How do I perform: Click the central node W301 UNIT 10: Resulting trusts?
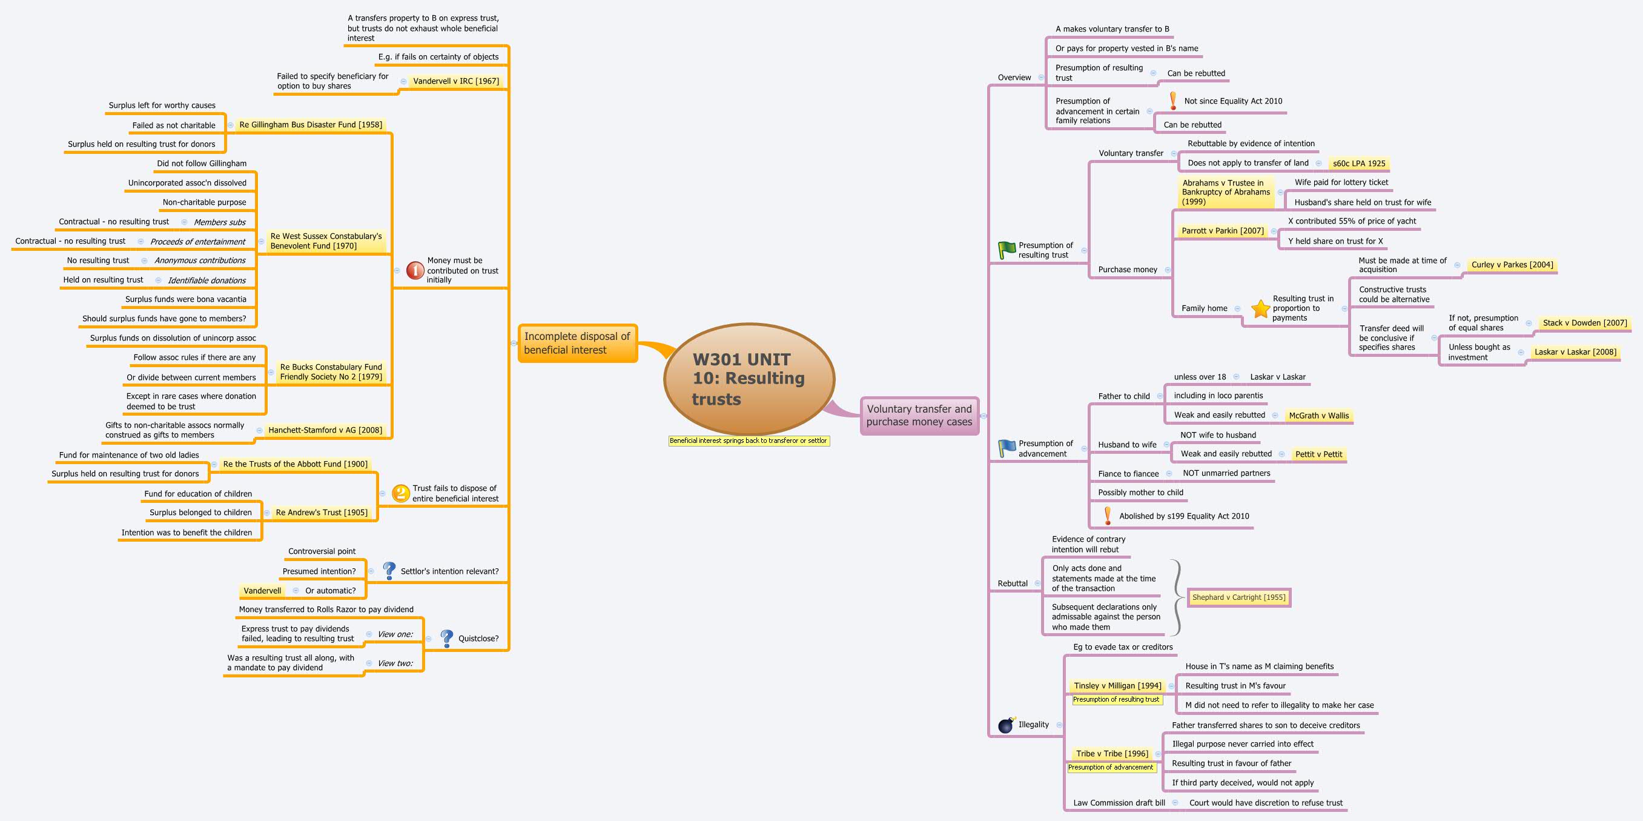[749, 379]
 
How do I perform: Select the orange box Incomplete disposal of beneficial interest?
[577, 343]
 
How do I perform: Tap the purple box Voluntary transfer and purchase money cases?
[919, 415]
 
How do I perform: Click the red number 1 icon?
[415, 270]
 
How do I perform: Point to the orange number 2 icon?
[400, 493]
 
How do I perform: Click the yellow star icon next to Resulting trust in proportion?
[1260, 309]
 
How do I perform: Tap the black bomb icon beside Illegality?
[1007, 725]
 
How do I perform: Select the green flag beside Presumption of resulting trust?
[1007, 250]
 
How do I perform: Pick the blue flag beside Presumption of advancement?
[1007, 448]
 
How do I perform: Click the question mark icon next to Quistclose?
[447, 638]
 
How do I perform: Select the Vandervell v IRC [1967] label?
[456, 81]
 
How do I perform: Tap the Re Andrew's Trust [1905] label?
[322, 513]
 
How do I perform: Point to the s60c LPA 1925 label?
[1359, 164]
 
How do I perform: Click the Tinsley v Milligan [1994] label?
[1117, 686]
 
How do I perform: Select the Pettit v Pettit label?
[1319, 454]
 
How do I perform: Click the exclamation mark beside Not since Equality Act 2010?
[1173, 101]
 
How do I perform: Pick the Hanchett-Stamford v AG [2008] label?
[325, 430]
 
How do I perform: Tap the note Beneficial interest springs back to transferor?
[749, 441]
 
